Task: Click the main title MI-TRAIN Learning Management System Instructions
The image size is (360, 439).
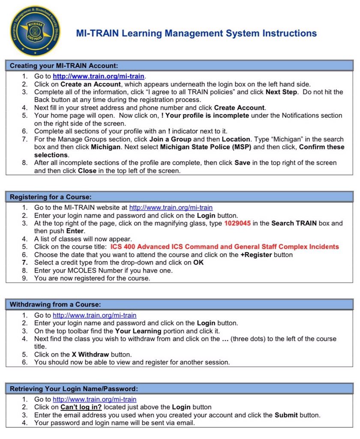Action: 196,33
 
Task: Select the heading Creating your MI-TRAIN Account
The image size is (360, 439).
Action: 63,66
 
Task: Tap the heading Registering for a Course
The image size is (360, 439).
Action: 51,197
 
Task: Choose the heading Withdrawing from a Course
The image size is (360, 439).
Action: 55,305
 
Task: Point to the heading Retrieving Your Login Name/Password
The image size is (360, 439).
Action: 73,389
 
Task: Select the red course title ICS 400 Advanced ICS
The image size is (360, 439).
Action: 225,247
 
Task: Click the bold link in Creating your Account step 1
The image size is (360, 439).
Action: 99,76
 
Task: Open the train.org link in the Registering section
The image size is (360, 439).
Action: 171,208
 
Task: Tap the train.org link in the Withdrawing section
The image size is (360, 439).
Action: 94,315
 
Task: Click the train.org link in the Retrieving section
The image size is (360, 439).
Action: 94,400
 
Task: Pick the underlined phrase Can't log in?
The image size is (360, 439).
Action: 81,407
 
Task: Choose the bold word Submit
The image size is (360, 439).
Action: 286,415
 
